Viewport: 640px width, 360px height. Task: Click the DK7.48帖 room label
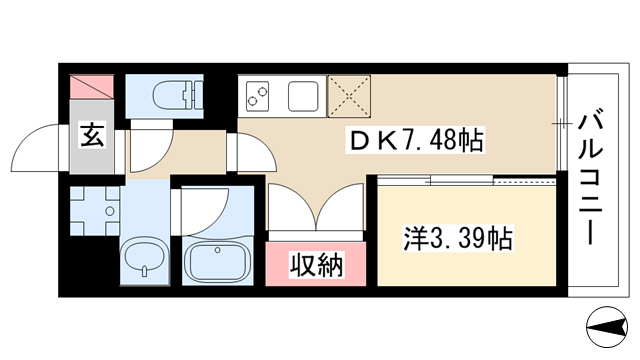coord(416,140)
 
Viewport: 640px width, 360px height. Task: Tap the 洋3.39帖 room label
coord(458,238)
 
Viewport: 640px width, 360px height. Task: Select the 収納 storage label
coord(317,265)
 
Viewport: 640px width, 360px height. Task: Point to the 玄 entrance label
coord(92,135)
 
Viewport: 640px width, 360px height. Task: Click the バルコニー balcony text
coord(591,177)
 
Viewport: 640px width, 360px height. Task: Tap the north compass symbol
coord(607,327)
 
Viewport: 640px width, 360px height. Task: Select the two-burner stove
coord(258,96)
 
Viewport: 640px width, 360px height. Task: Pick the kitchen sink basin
coord(303,96)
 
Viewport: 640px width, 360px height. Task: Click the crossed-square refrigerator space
coord(349,96)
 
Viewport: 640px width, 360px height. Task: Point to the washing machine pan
coord(95,211)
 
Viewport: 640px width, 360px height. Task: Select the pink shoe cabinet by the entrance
coord(92,87)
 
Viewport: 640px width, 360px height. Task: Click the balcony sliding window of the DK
coord(561,122)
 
